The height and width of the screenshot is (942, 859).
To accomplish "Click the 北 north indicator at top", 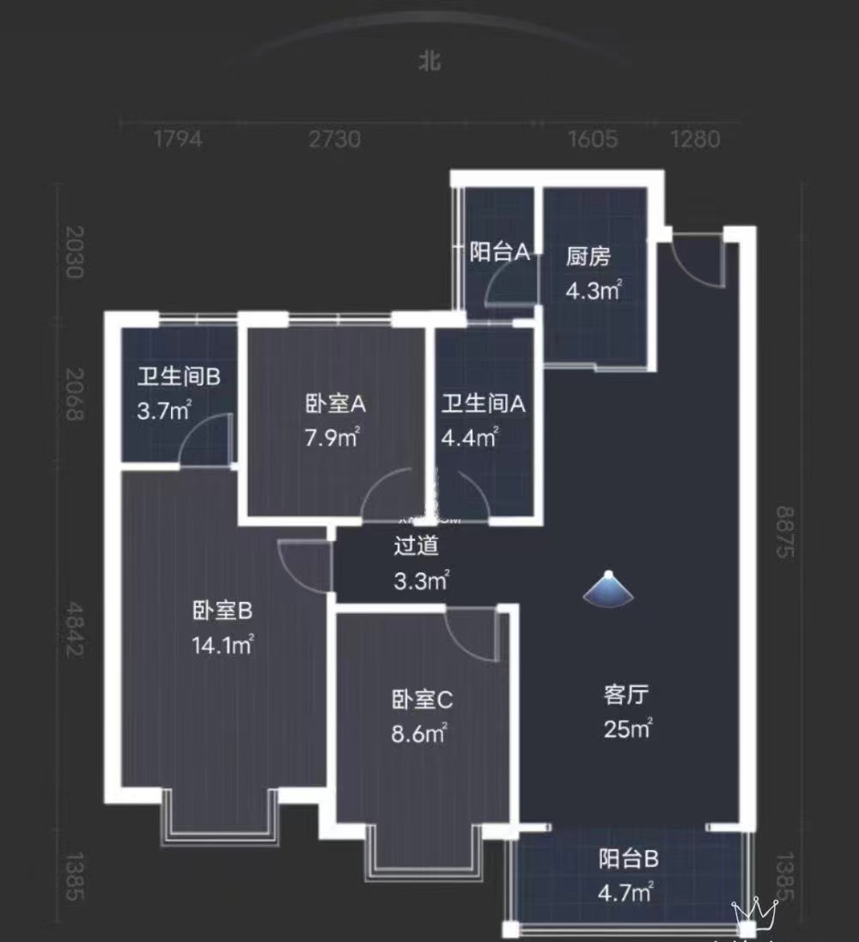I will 429,63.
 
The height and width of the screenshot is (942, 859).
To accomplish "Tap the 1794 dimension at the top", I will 179,139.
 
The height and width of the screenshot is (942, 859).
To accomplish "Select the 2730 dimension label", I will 335,139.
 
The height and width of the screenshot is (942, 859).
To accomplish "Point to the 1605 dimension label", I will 593,139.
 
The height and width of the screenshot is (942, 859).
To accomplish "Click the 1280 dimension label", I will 695,139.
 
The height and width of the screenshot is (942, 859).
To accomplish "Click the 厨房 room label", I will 589,257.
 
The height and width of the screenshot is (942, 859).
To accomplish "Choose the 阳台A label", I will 499,252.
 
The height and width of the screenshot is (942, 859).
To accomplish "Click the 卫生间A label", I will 483,404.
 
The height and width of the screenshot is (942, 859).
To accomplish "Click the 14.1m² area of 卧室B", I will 222,645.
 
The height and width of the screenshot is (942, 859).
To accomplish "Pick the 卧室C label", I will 422,701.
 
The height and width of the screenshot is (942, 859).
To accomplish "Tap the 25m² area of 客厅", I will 626,731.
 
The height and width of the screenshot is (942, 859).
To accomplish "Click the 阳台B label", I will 628,858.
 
